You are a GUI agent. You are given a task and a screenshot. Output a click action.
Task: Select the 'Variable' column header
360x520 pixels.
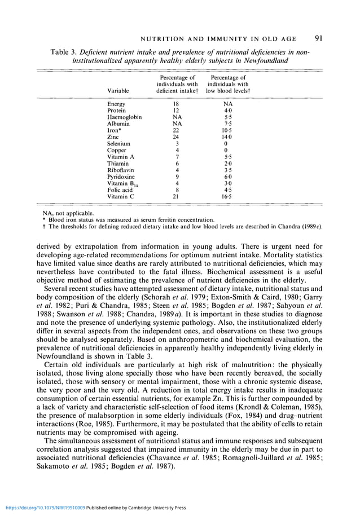pos(117,90)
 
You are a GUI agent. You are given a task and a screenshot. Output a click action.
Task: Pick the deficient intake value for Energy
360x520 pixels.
pos(176,104)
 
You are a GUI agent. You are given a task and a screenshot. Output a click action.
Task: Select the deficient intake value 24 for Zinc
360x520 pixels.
pos(176,136)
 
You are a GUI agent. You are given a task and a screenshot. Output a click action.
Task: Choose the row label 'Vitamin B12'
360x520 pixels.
pos(122,183)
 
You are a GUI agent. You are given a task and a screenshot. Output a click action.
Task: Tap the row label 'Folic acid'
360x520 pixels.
pos(120,190)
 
